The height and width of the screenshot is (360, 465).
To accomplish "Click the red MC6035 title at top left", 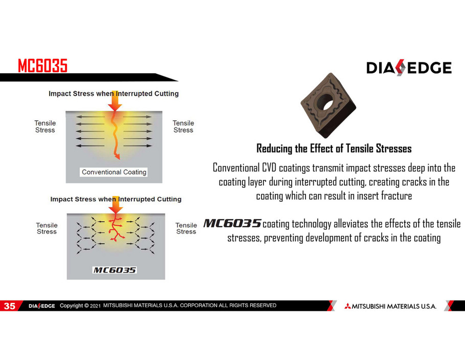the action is (x=42, y=66).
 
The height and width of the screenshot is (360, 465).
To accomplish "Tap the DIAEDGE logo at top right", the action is (x=409, y=68).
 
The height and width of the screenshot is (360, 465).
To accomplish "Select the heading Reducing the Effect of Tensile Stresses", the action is (x=334, y=149).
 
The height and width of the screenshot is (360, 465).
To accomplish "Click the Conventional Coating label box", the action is (x=114, y=172).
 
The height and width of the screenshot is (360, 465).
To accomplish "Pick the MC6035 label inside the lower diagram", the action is (x=115, y=270).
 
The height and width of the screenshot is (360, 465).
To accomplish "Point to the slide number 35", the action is (x=9, y=306).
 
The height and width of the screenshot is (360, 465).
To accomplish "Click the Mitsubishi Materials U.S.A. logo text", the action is (x=390, y=306).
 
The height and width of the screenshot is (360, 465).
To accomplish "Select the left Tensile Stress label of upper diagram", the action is (x=45, y=126).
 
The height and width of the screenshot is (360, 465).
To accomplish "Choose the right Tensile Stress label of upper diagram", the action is (x=183, y=126).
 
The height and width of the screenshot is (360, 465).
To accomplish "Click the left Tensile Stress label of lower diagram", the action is (x=47, y=228).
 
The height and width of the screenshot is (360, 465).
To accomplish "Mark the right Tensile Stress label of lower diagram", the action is (x=186, y=228).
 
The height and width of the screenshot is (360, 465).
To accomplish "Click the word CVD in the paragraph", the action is (x=269, y=167).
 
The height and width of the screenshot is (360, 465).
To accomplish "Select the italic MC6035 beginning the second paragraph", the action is (x=232, y=223).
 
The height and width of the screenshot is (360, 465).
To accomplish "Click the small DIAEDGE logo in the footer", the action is (x=41, y=306).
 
